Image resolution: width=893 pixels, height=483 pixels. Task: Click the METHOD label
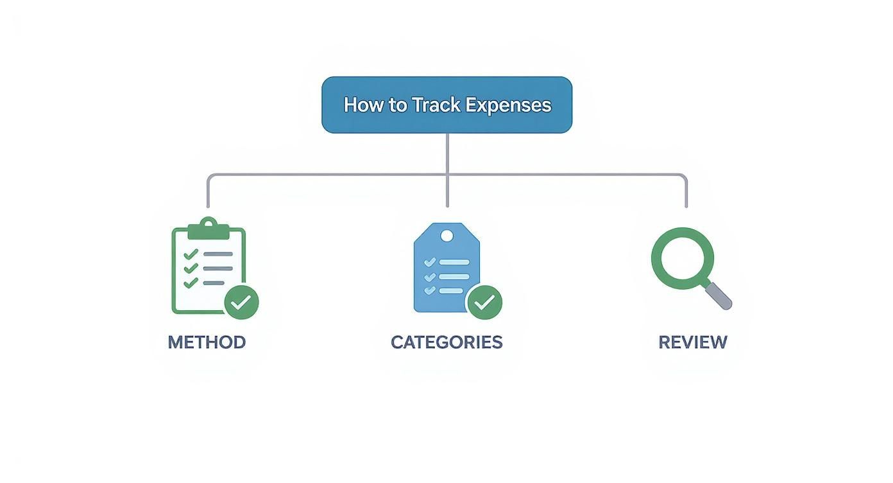coord(207,342)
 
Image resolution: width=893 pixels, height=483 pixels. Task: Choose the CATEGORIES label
coord(446,342)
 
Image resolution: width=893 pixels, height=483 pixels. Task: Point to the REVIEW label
coord(693,342)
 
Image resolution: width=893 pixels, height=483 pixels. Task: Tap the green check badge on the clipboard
coord(241,303)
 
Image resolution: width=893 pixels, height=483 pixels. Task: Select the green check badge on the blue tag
coord(484,302)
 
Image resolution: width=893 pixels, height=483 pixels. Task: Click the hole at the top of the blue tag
coord(446,236)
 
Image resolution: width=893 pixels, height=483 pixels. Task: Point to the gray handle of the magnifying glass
coord(719,295)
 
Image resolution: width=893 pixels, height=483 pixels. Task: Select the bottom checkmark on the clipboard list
coord(191,283)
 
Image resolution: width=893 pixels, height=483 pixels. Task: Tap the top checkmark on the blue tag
coord(430,262)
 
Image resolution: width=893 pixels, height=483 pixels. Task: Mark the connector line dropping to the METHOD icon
coord(208,193)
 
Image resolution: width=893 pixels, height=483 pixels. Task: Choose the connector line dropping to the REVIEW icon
coord(686,193)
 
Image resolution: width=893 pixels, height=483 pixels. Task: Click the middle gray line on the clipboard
coord(218,269)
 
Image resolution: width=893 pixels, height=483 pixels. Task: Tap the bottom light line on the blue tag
coord(451,290)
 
